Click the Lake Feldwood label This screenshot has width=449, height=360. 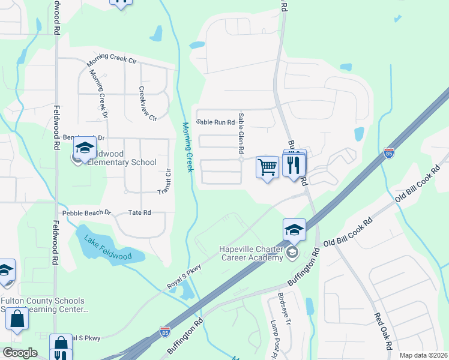pos(107,247)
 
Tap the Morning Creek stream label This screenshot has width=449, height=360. pos(188,148)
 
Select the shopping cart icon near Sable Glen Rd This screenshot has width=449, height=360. pos(267,167)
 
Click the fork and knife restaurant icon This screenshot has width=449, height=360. pos(294,165)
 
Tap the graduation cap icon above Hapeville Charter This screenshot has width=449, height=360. pos(294,230)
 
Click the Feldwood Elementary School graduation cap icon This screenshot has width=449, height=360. pos(85,147)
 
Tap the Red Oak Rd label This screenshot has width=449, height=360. pos(383,331)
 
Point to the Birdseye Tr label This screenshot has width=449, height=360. pos(283,309)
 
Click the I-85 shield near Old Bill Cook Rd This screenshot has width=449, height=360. pos(389,152)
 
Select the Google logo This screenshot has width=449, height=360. pos(20,353)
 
